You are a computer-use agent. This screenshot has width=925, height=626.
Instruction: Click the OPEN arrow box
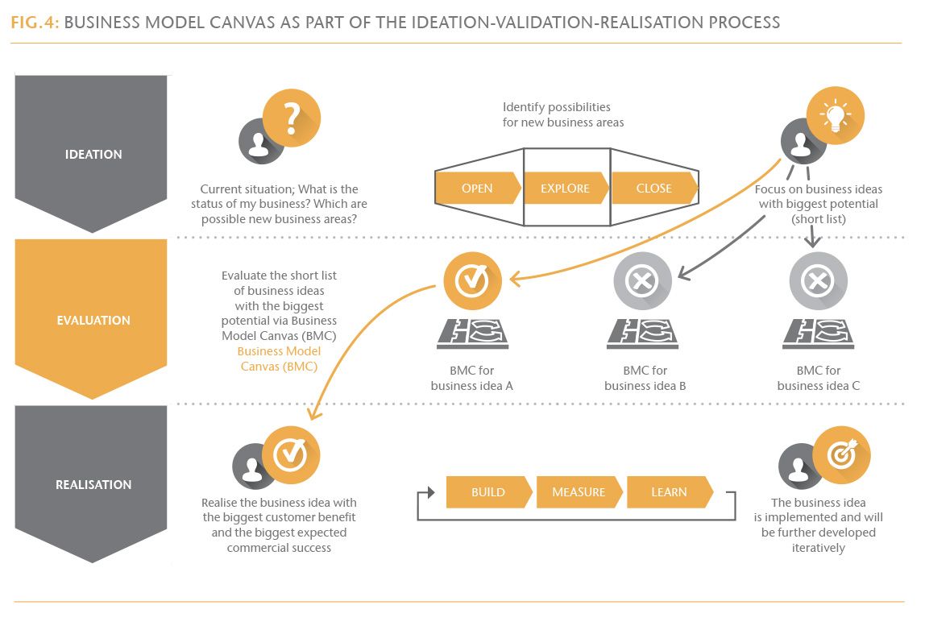(x=477, y=189)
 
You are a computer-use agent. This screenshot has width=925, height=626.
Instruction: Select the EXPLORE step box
(x=565, y=189)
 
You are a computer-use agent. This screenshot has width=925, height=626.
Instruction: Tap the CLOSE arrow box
(x=653, y=189)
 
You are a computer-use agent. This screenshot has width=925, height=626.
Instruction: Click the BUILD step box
(x=488, y=492)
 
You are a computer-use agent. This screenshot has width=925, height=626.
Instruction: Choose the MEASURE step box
(x=578, y=492)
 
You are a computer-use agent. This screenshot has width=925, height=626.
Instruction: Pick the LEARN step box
(x=669, y=492)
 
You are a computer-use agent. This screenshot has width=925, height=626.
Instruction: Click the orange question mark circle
(x=292, y=118)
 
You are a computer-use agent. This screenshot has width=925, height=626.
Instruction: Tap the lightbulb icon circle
(x=836, y=115)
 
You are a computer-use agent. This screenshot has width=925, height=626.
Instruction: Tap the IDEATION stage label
(x=93, y=155)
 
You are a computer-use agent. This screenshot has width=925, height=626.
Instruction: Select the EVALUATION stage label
(x=93, y=320)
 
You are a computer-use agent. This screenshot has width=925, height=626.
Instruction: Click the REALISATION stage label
(x=93, y=485)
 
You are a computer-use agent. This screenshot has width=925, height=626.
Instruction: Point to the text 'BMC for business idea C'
(x=818, y=378)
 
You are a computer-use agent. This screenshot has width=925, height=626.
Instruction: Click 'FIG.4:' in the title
(x=35, y=22)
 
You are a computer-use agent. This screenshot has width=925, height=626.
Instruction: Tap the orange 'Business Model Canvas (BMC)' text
(x=279, y=359)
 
